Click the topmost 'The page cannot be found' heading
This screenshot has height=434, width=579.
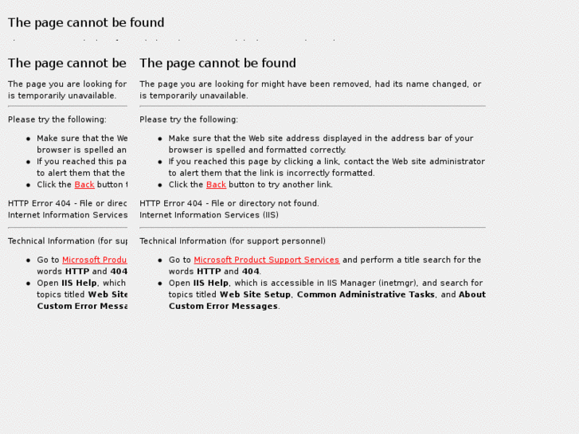86,22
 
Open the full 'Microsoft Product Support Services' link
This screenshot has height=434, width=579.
266,260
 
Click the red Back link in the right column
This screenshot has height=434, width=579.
216,185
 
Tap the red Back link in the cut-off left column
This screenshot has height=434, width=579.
84,185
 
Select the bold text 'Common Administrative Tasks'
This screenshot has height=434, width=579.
366,295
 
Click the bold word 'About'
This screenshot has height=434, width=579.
471,295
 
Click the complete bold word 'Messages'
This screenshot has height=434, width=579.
254,307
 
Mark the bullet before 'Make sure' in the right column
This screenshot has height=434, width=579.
160,139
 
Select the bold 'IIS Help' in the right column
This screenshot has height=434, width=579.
210,283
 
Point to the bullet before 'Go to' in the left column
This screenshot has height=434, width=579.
29,260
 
